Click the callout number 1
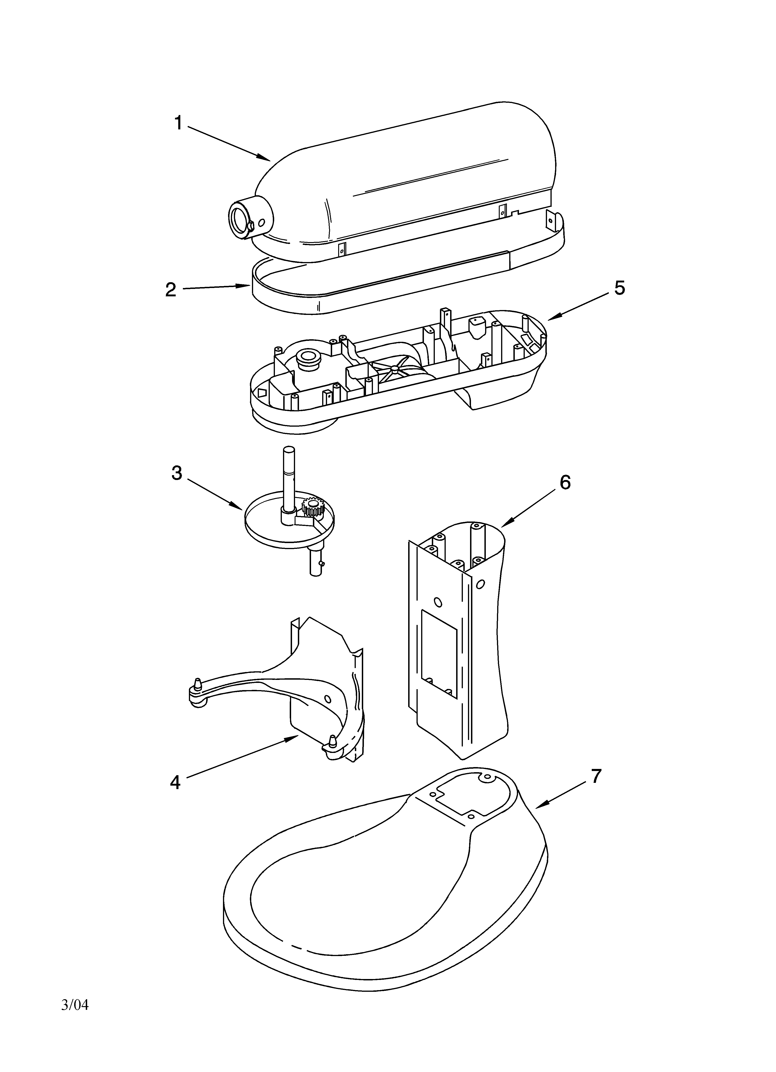178,123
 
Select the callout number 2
171,290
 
